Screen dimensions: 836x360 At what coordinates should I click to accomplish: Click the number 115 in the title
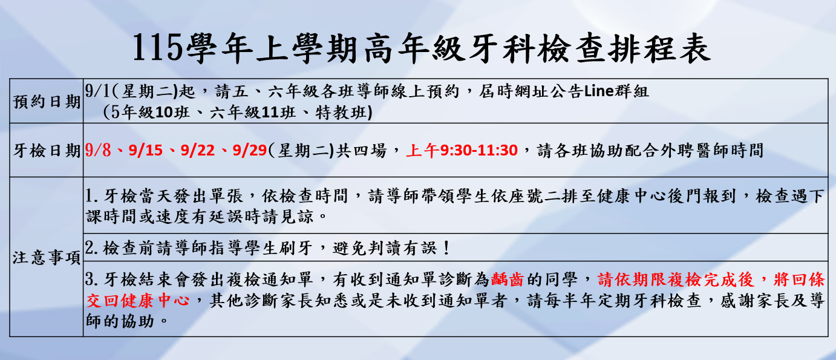(x=157, y=47)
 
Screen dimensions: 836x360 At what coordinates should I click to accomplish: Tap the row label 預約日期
(x=47, y=102)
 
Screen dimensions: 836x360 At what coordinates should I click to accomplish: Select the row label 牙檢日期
(x=47, y=151)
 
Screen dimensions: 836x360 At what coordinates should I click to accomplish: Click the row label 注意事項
(x=47, y=258)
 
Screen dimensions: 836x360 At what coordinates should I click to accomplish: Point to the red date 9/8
(x=98, y=150)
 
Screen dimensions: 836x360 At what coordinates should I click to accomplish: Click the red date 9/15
(x=146, y=150)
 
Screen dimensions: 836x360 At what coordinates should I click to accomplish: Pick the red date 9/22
(x=198, y=150)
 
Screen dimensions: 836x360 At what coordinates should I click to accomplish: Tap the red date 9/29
(x=250, y=150)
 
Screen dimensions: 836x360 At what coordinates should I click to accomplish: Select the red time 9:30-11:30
(x=479, y=150)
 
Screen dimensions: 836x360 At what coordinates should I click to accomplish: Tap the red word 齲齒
(x=508, y=280)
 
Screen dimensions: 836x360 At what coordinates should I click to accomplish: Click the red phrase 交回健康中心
(x=137, y=301)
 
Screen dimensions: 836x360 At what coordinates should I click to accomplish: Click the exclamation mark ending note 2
(x=447, y=247)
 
